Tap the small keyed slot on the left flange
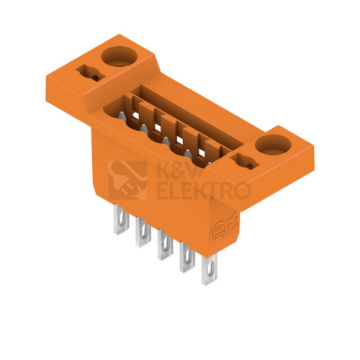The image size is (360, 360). (x=91, y=73)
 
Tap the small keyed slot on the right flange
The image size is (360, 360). (x=244, y=161)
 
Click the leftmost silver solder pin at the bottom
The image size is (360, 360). (x=122, y=219)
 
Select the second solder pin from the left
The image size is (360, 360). (x=143, y=233)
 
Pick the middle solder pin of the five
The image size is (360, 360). (x=165, y=246)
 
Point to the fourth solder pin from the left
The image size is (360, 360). (x=187, y=258)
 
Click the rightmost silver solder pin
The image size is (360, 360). (x=210, y=270)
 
